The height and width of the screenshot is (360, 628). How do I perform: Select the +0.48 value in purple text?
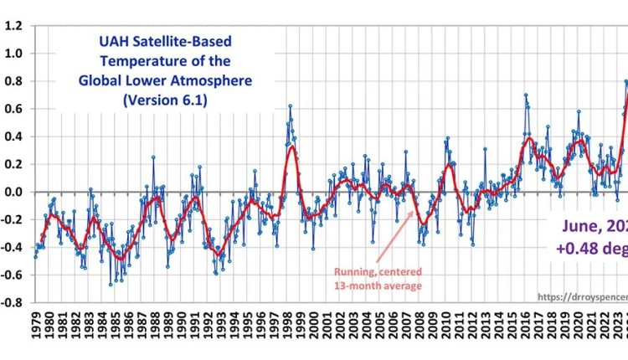pyautogui.click(x=579, y=249)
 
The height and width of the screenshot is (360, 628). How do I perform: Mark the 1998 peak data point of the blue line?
pyautogui.click(x=290, y=106)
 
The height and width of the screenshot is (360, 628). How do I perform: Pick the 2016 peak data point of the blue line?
pyautogui.click(x=525, y=95)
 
